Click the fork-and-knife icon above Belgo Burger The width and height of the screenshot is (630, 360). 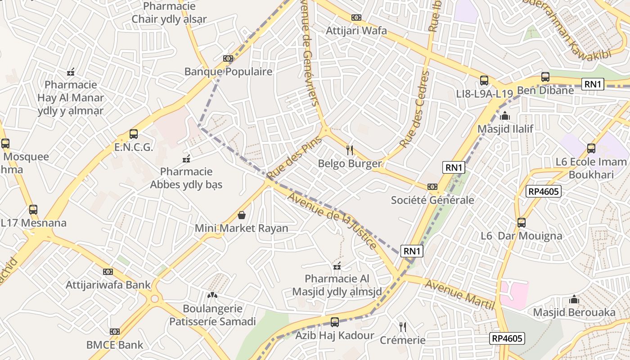pos(350,150)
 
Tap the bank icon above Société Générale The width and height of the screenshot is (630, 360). pos(432,187)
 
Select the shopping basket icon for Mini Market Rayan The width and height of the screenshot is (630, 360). pos(242,215)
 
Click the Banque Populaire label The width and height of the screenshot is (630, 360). pos(228,72)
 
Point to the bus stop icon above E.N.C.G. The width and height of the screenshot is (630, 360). pos(134,134)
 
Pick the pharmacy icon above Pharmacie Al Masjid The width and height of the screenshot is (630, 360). pos(337,266)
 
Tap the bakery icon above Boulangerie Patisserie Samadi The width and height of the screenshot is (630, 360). pos(212,295)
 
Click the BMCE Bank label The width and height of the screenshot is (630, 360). pos(115,345)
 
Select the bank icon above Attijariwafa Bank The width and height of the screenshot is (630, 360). pos(108,272)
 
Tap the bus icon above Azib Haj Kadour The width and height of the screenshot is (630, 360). pos(335,322)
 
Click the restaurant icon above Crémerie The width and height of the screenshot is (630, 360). pos(403,327)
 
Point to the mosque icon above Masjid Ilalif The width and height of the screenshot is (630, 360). pos(505,116)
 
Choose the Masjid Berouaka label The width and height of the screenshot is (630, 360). pos(574,312)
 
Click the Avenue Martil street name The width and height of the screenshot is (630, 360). pos(460,295)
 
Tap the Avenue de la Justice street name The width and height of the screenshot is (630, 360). pos(333,221)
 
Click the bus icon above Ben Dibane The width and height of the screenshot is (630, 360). pos(545,77)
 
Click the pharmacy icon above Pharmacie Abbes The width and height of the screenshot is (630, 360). pos(186,159)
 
